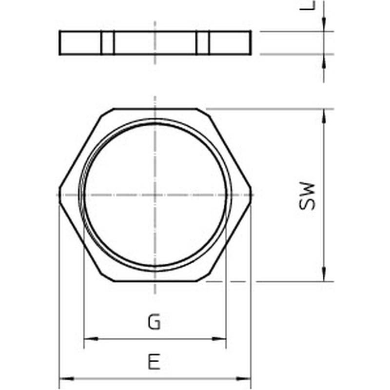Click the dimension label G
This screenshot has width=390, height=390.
[x=154, y=322]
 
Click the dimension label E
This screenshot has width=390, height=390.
[x=154, y=361]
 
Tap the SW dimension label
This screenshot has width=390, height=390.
[x=307, y=196]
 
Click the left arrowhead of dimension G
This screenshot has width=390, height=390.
[x=91, y=339]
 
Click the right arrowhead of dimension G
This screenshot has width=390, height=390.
[x=219, y=339]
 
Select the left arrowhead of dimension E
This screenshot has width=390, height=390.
[x=67, y=379]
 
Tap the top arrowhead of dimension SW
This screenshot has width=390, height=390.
[x=324, y=116]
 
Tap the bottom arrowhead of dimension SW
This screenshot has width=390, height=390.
[x=324, y=274]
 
